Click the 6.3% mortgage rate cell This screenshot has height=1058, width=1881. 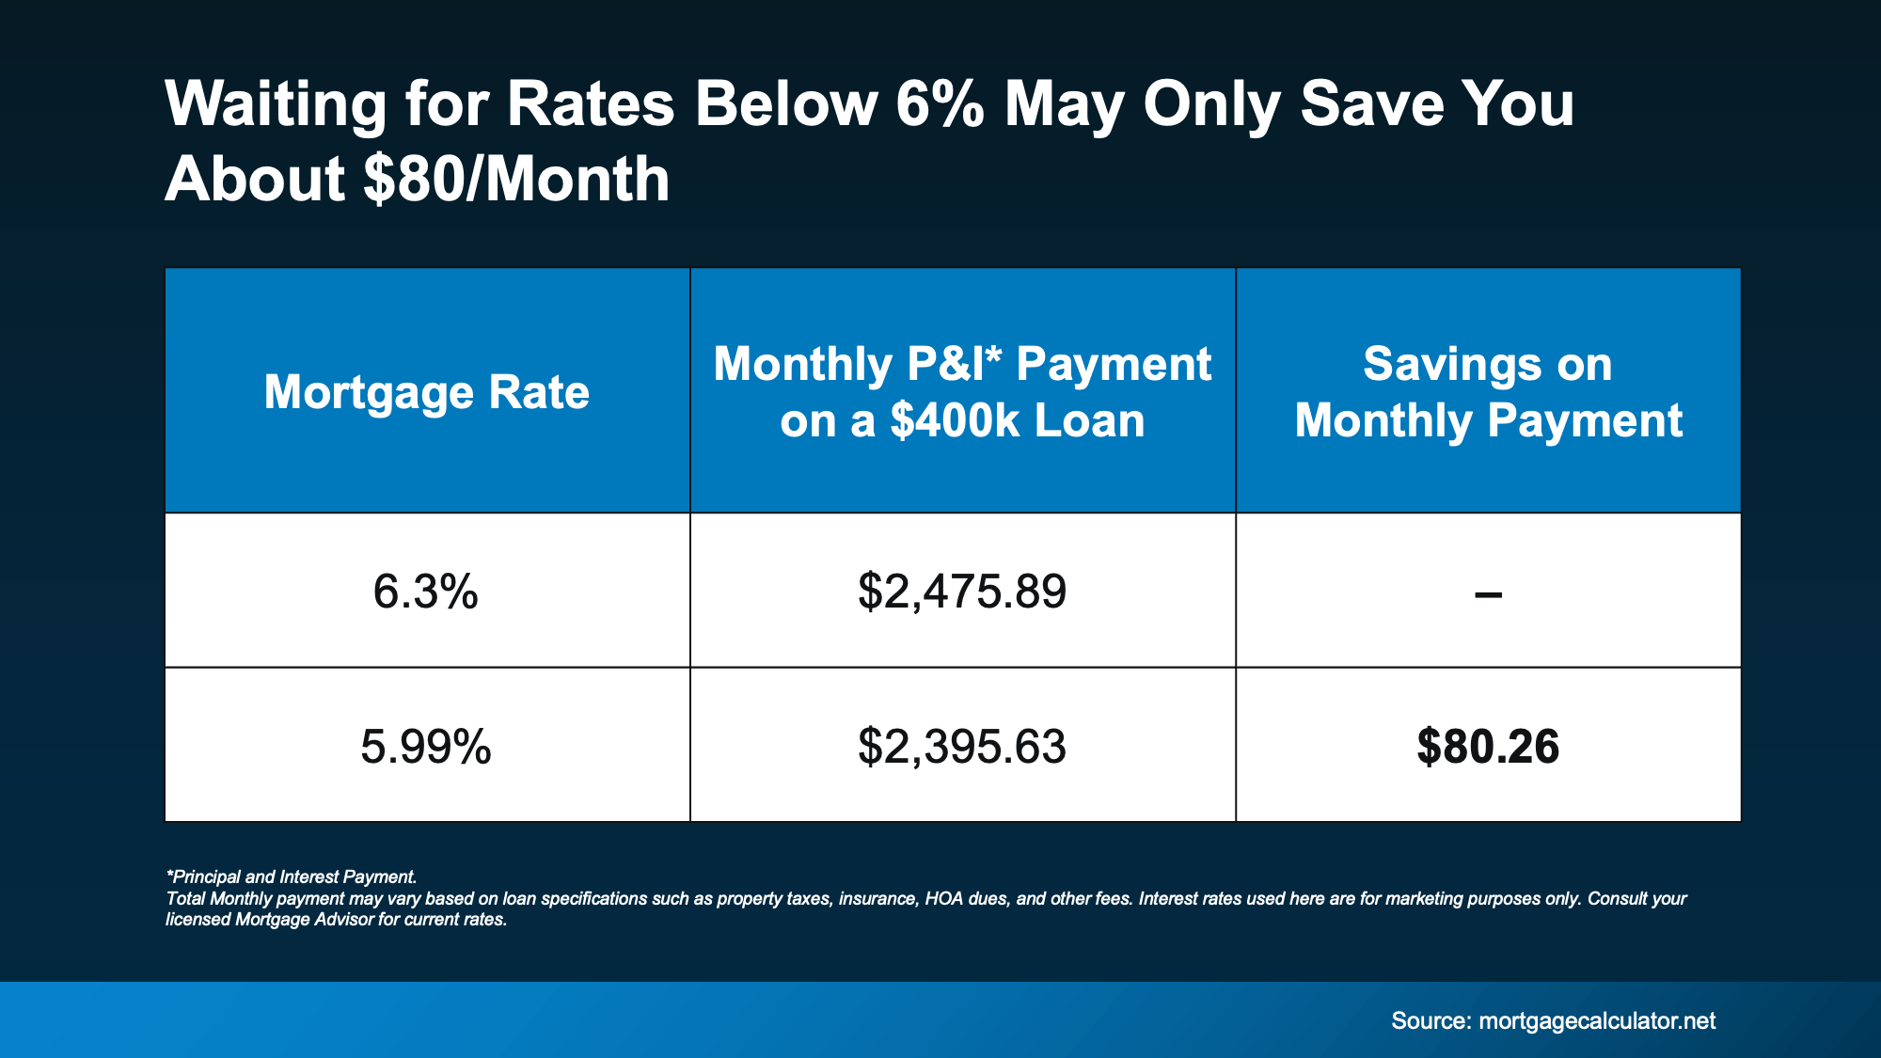pyautogui.click(x=426, y=592)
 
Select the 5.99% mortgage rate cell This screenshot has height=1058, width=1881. pyautogui.click(x=426, y=747)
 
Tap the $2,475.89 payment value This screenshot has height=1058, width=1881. pyautogui.click(x=962, y=592)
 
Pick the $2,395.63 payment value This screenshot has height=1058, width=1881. pyautogui.click(x=962, y=747)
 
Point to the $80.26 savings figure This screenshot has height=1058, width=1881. pyautogui.click(x=1488, y=747)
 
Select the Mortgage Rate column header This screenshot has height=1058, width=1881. pyautogui.click(x=426, y=391)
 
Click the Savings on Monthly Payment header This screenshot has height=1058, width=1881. pyautogui.click(x=1488, y=391)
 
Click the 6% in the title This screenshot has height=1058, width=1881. pyautogui.click(x=940, y=103)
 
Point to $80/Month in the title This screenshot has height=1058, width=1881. pyautogui.click(x=516, y=179)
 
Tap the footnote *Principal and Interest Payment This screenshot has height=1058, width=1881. pyautogui.click(x=292, y=876)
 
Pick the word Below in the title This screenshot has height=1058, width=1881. pyautogui.click(x=785, y=103)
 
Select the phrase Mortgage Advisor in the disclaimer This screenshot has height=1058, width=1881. pyautogui.click(x=304, y=919)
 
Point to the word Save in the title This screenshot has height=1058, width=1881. pyautogui.click(x=1371, y=103)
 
